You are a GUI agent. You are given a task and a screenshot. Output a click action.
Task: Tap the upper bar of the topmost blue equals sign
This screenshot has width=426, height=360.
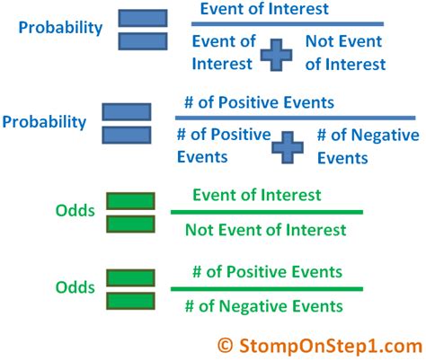coord(142,18)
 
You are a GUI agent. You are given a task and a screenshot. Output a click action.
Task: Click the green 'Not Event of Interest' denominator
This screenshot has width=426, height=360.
coord(265,230)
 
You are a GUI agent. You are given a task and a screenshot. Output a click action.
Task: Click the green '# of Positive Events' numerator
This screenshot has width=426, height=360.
coord(267,271)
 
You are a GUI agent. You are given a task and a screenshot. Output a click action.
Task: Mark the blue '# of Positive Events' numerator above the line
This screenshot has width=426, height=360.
coord(269,102)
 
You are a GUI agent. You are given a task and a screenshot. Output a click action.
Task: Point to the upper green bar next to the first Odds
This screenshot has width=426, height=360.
coord(129,201)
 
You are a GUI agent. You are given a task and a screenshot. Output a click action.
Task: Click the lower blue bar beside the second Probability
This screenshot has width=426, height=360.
coord(127,135)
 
